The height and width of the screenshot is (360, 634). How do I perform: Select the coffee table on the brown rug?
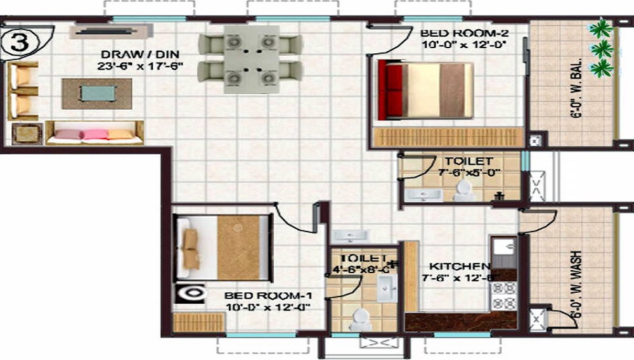pos(97,93)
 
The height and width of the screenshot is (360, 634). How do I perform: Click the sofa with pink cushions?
pos(93,133)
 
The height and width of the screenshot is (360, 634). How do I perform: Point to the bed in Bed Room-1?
pos(223,247)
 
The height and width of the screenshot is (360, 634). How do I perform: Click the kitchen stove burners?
pos(505,295)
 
